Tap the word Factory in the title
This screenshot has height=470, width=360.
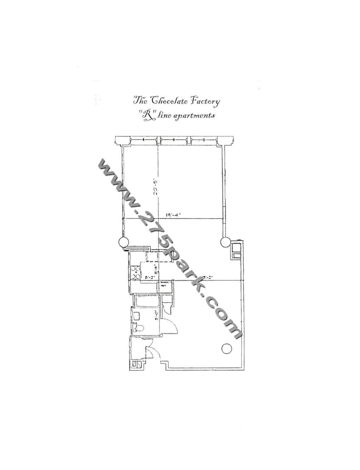tap(205, 102)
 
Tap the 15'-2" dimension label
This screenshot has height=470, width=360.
tap(208, 278)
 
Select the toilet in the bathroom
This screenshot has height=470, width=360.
tap(139, 328)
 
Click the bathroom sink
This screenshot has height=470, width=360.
tap(137, 315)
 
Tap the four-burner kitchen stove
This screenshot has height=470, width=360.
tap(136, 272)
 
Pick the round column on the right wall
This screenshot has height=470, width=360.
tap(225, 242)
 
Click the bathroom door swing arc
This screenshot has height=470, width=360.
tap(172, 324)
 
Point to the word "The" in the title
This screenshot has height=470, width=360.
tap(140, 101)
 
